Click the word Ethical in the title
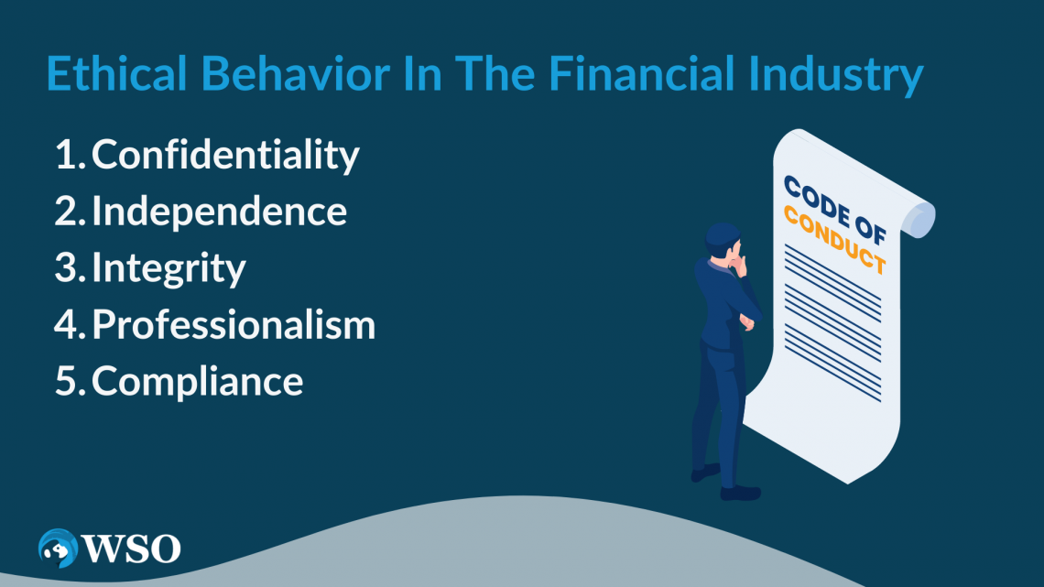pos(117,73)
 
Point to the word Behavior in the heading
pos(295,73)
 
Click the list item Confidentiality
pos(225,156)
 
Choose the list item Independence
pos(219,211)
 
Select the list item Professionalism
pos(234,325)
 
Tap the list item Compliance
pos(197,382)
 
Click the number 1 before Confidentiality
pos(66,155)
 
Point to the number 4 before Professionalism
pos(67,325)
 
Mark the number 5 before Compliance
pos(66,381)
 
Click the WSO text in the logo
pos(131,549)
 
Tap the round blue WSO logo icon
pos(58,549)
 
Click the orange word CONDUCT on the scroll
pos(835,240)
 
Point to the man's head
pos(723,241)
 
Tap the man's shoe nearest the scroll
pos(740,494)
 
